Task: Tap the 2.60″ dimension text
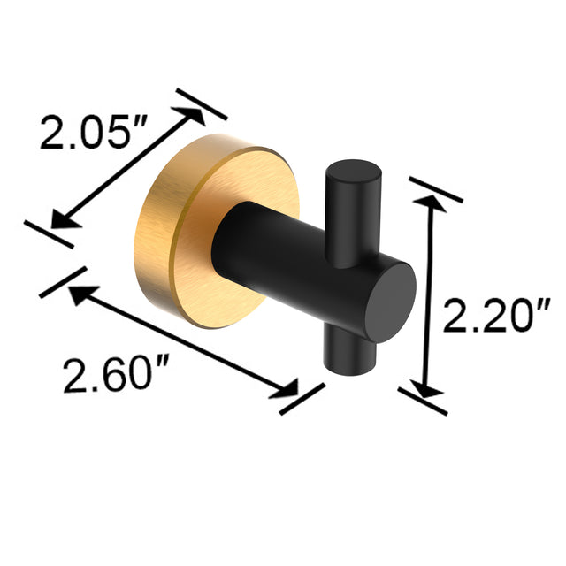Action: (x=110, y=376)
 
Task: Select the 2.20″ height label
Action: (x=497, y=317)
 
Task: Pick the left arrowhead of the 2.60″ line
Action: (x=78, y=294)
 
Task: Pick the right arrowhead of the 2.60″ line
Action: (x=288, y=389)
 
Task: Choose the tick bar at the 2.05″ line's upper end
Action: (x=202, y=103)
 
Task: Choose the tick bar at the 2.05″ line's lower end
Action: (x=49, y=233)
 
